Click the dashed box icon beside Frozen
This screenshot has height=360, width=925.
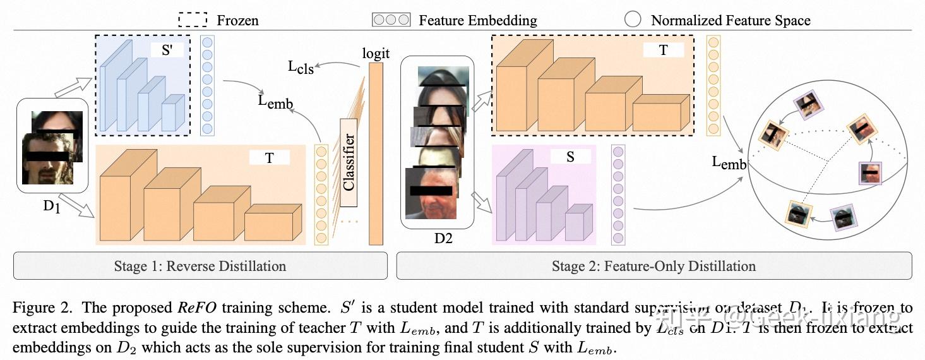(193, 20)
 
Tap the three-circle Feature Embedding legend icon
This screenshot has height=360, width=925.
(391, 20)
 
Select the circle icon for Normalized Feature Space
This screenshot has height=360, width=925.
(633, 20)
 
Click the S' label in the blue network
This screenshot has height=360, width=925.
(167, 51)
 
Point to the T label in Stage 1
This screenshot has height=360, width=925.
(269, 158)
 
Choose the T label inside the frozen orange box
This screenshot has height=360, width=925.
(663, 51)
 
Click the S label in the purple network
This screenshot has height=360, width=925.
(570, 157)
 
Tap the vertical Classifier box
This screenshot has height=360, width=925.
(349, 162)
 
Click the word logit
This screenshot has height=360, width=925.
(376, 53)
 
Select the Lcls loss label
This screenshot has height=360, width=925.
(301, 67)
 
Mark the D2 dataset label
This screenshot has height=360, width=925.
(443, 239)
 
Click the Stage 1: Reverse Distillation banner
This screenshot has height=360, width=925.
(200, 266)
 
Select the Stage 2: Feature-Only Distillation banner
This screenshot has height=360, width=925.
(653, 266)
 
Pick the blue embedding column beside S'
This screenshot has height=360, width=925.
(207, 85)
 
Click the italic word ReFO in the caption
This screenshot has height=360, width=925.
(196, 309)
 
